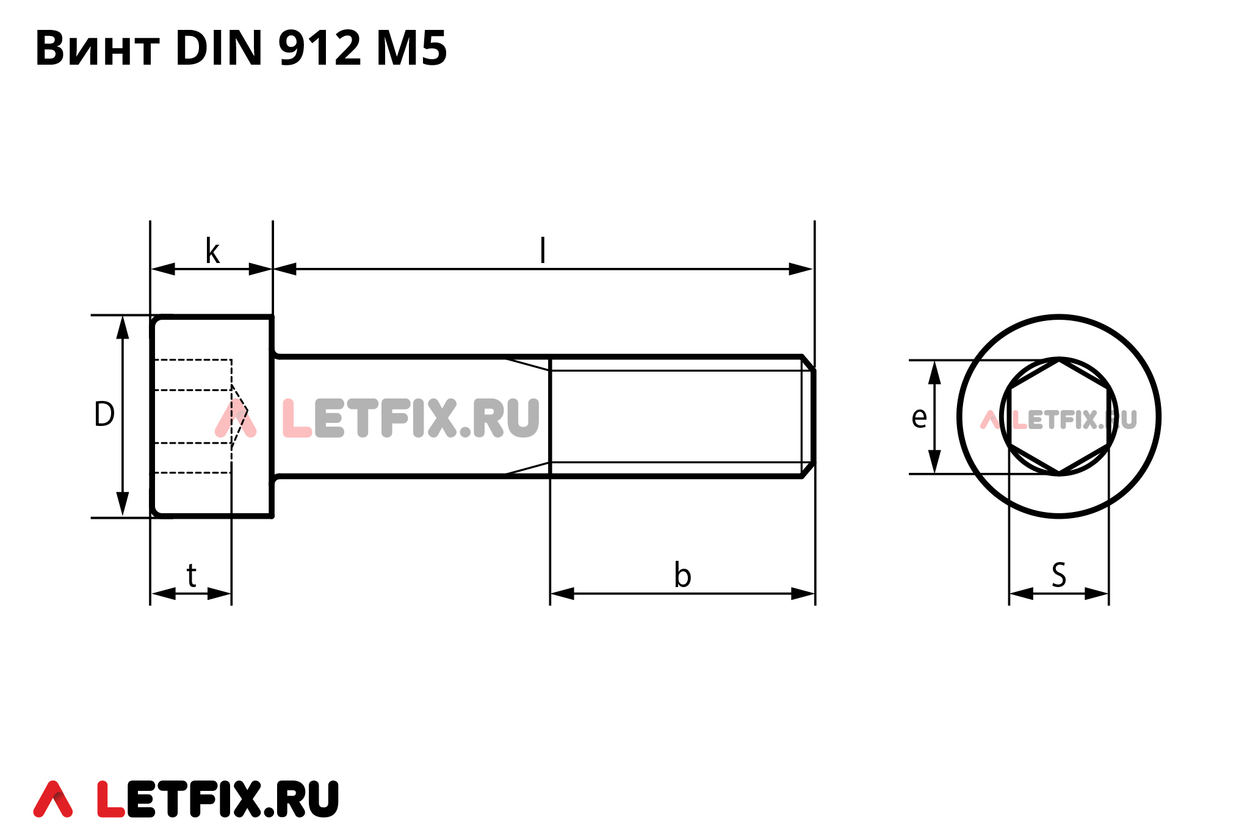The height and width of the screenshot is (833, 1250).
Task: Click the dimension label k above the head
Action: point(212,251)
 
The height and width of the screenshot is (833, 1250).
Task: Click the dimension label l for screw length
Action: point(543,251)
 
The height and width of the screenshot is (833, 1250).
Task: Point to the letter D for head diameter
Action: point(104,414)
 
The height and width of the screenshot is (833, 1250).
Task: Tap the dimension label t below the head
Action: point(192,575)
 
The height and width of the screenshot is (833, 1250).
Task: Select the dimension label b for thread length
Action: point(682,575)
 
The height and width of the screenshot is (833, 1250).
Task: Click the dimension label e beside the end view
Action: point(919,418)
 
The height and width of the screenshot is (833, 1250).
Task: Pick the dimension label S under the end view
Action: point(1059,575)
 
